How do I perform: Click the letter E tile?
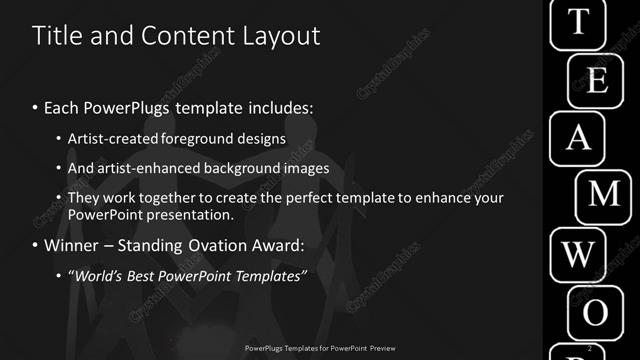[x=597, y=80]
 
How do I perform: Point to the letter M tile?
[x=606, y=195]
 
